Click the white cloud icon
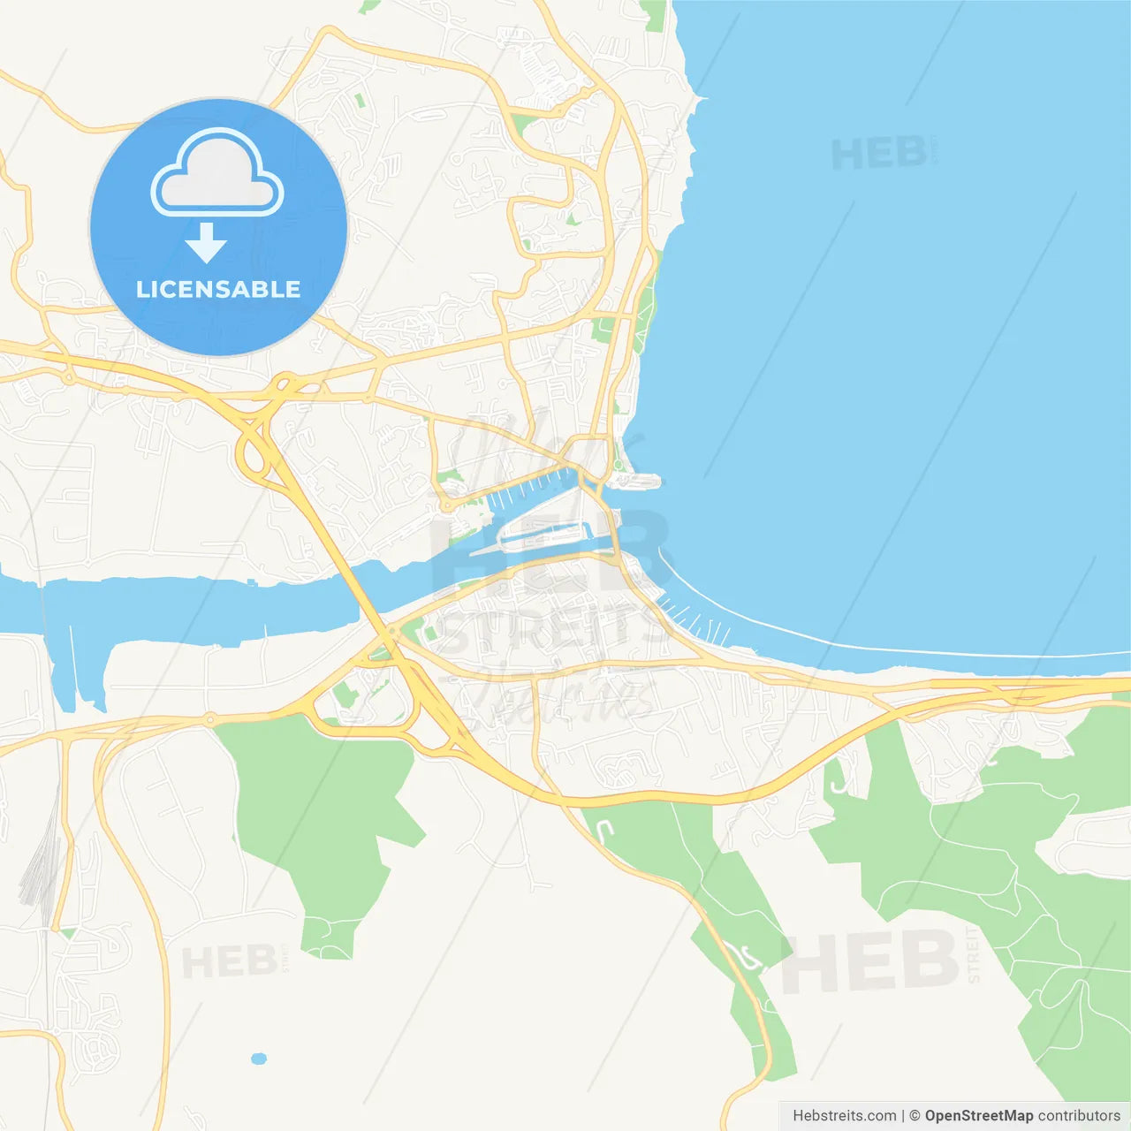pyautogui.click(x=217, y=174)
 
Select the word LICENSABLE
pyautogui.click(x=218, y=290)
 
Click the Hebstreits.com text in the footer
pyautogui.click(x=844, y=1116)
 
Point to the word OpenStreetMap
pyautogui.click(x=978, y=1116)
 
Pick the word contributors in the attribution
pyautogui.click(x=1079, y=1116)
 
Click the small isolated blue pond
pyautogui.click(x=258, y=1059)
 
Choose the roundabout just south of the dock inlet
pyautogui.click(x=210, y=720)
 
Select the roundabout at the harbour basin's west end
pyautogui.click(x=447, y=506)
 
